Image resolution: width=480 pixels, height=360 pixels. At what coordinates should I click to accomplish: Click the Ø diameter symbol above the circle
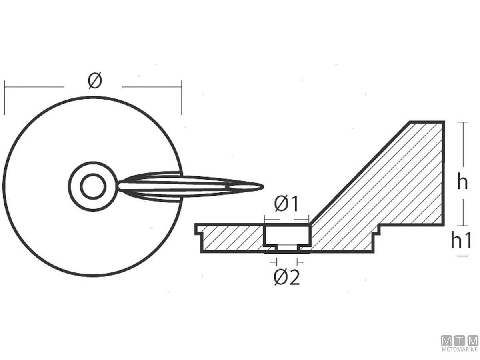[x=95, y=81]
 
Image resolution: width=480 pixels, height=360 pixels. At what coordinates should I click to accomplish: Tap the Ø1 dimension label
[x=286, y=204]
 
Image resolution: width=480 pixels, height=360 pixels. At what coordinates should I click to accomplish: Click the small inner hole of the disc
[x=93, y=187]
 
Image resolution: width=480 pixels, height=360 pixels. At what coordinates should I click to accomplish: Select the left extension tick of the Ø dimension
[x=4, y=98]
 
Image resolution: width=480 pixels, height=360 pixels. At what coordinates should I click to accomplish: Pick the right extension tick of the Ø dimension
[x=182, y=98]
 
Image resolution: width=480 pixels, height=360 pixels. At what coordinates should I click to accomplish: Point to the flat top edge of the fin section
[x=427, y=122]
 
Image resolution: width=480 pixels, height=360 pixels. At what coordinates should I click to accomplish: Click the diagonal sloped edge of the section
[x=360, y=172]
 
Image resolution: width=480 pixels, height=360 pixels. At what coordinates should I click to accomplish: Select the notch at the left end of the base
[x=198, y=229]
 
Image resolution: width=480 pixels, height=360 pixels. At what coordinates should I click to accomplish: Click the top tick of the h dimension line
[x=462, y=122]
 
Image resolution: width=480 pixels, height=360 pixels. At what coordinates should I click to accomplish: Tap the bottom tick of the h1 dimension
[x=462, y=256]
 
